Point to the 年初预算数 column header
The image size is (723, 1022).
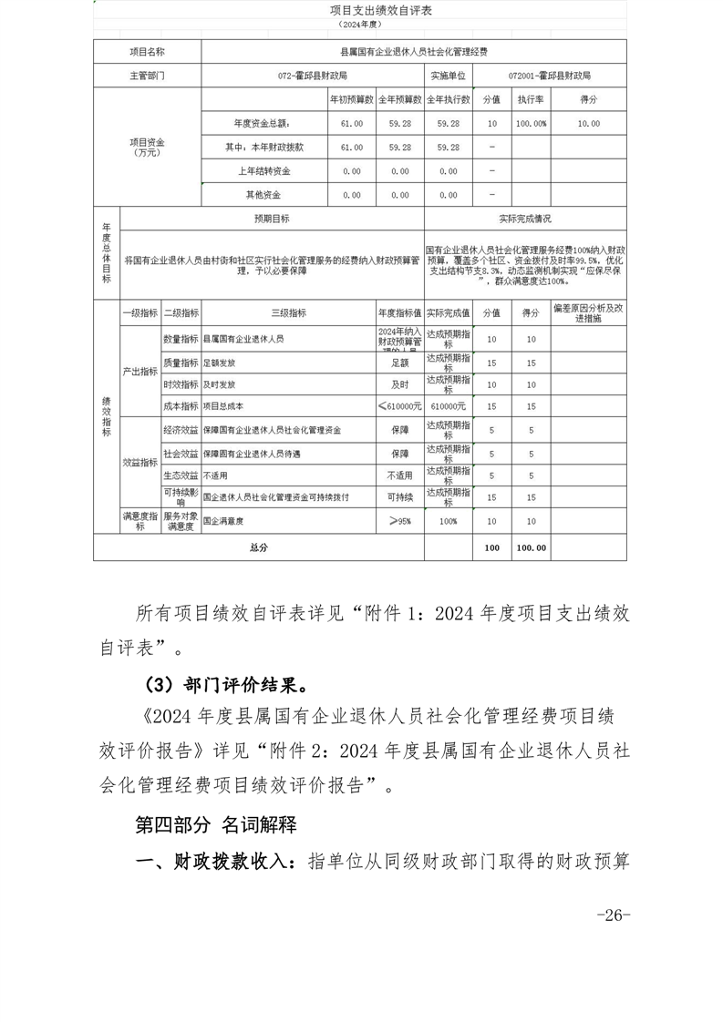[351, 99]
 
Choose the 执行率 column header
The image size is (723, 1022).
[531, 99]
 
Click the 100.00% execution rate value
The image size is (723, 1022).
[531, 123]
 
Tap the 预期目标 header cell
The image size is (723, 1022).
[272, 220]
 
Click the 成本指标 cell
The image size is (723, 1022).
[181, 406]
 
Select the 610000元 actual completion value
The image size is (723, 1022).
[448, 406]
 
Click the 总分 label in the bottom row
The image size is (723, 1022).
[258, 547]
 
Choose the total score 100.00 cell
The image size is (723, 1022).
[531, 547]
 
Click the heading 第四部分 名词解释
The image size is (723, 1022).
[216, 825]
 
